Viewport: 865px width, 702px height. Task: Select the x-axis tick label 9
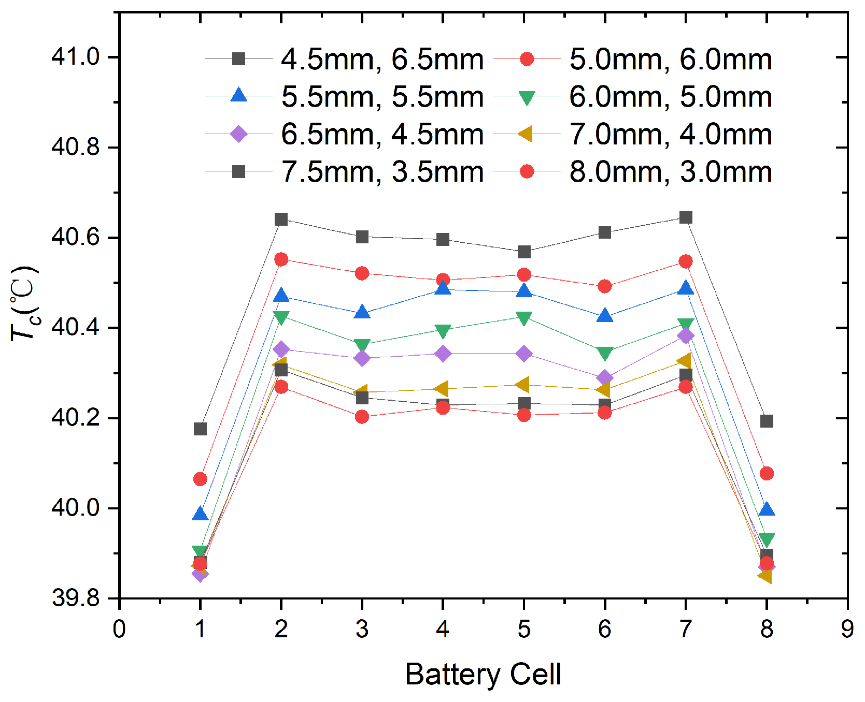(x=847, y=629)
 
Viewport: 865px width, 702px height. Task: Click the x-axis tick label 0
(x=119, y=629)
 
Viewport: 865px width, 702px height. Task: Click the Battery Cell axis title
(x=483, y=674)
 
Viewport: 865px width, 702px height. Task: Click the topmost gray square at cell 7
(x=686, y=217)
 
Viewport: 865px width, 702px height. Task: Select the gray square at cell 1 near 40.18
(x=200, y=429)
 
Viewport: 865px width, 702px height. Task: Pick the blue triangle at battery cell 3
(x=362, y=313)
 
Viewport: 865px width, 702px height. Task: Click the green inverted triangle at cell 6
(x=605, y=354)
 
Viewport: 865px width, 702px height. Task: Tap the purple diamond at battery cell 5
(x=524, y=354)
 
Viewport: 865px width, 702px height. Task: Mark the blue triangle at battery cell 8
(x=767, y=509)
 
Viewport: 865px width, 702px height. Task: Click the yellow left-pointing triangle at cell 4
(x=442, y=388)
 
